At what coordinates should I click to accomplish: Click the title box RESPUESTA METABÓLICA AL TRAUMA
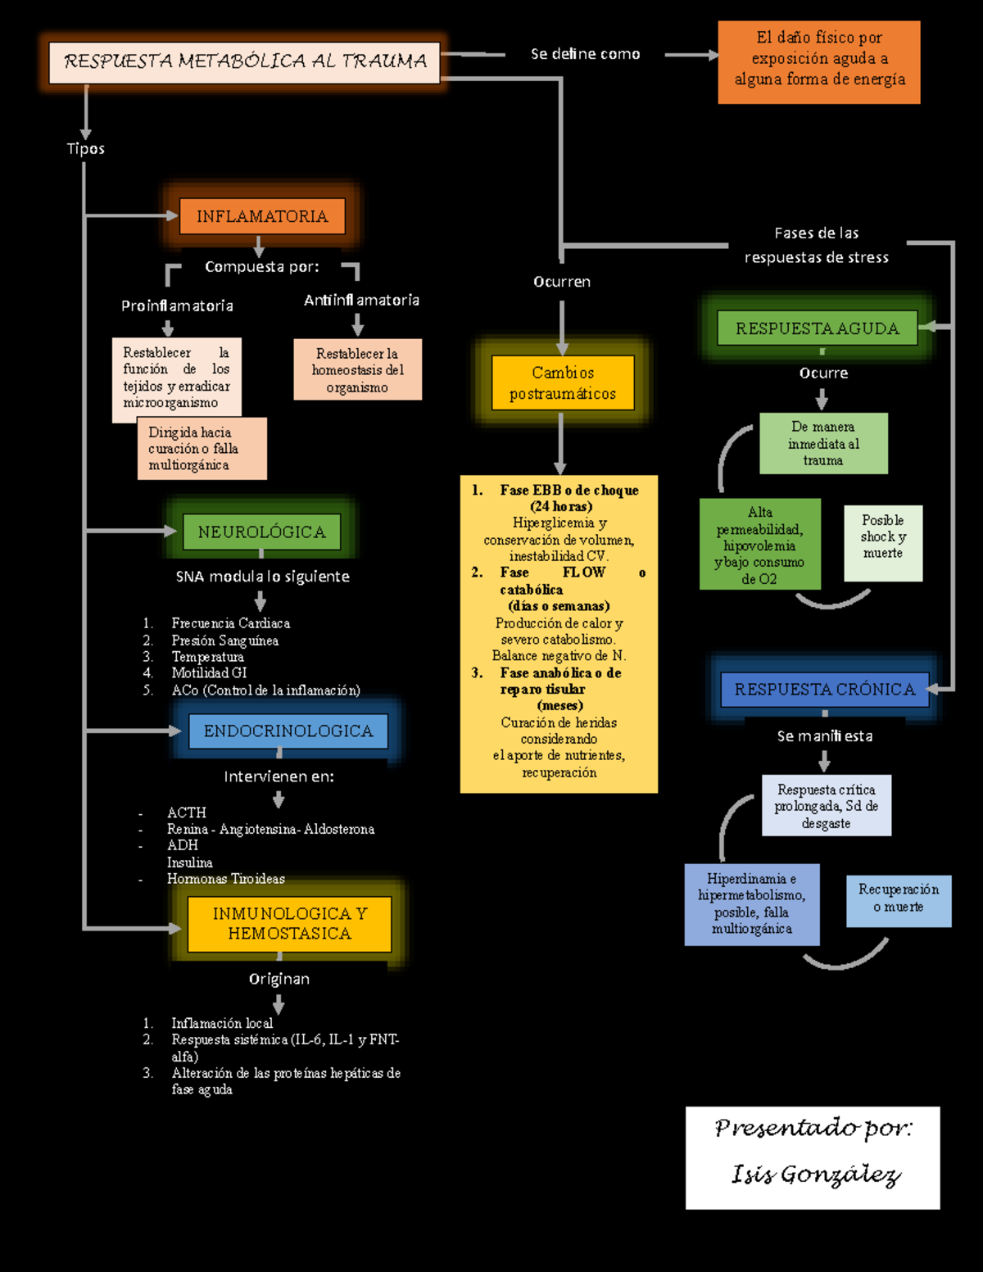(x=244, y=62)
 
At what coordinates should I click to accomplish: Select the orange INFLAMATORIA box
(x=261, y=216)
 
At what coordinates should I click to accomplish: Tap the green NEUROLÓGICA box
(x=261, y=532)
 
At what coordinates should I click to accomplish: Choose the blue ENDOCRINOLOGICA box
(x=288, y=731)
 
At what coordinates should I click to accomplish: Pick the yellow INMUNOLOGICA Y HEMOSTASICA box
(x=289, y=923)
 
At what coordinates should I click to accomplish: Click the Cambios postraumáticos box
(x=563, y=383)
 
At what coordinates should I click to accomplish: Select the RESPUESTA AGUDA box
(x=817, y=328)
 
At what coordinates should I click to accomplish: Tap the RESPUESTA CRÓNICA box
(x=824, y=689)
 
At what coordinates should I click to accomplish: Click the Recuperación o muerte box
(x=899, y=899)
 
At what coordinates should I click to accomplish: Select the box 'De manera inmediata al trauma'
(x=823, y=443)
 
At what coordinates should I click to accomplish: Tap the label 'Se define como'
(x=585, y=54)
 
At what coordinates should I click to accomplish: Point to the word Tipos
(x=86, y=148)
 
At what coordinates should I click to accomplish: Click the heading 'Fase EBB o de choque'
(x=569, y=490)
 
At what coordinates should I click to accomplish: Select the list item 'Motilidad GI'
(x=209, y=672)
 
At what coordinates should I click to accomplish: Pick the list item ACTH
(x=187, y=812)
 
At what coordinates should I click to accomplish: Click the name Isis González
(x=816, y=1175)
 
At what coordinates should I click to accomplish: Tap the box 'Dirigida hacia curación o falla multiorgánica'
(x=202, y=449)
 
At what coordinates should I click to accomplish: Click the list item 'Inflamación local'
(x=222, y=1022)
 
